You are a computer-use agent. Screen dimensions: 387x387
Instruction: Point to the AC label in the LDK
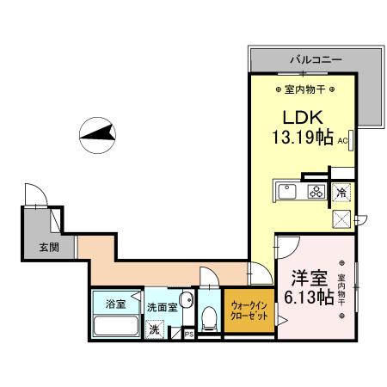click(342, 139)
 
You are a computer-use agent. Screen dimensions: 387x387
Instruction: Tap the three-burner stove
click(316, 192)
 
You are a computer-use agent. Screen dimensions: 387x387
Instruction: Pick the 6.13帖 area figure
click(306, 299)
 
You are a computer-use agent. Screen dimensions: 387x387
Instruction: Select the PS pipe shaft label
click(188, 335)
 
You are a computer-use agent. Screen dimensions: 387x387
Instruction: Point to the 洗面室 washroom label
click(161, 306)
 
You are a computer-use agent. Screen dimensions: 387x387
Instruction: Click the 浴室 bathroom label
click(115, 304)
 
